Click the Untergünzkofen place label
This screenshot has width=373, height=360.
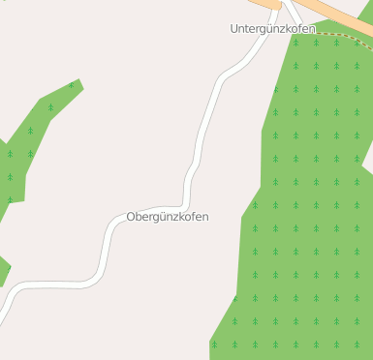click(x=272, y=29)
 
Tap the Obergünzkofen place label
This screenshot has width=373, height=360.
click(x=168, y=217)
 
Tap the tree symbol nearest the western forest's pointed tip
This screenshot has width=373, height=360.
click(x=71, y=86)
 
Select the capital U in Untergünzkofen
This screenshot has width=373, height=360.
click(x=234, y=29)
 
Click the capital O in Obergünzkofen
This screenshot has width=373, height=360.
click(x=132, y=217)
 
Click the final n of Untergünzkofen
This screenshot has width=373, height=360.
click(x=311, y=29)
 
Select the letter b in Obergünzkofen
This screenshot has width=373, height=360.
click(x=140, y=217)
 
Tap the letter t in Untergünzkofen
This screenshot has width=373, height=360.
click(x=248, y=29)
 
